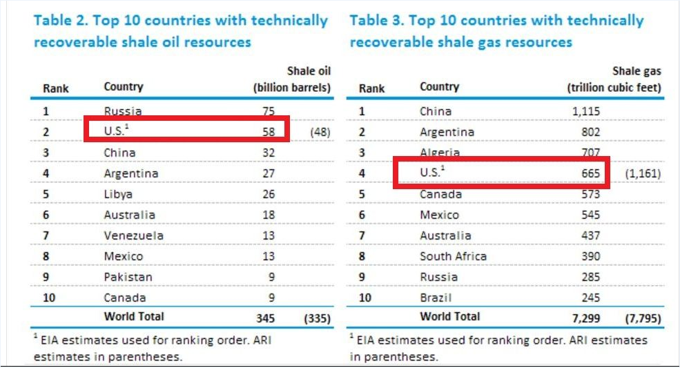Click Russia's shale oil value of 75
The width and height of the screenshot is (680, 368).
pyautogui.click(x=269, y=111)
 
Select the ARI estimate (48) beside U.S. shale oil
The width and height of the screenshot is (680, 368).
pyautogui.click(x=320, y=132)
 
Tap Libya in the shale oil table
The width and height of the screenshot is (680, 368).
pyautogui.click(x=118, y=194)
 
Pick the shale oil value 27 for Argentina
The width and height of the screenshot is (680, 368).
pyautogui.click(x=269, y=173)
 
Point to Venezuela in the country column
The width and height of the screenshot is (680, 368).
pyautogui.click(x=134, y=235)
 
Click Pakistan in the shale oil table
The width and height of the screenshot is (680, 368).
pyautogui.click(x=128, y=277)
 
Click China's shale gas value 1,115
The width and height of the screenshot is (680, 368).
pyautogui.click(x=586, y=111)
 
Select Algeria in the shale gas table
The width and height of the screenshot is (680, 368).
pyautogui.click(x=440, y=153)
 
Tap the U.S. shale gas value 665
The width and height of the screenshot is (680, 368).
pyautogui.click(x=590, y=173)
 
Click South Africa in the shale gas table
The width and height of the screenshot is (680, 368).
pyautogui.click(x=453, y=256)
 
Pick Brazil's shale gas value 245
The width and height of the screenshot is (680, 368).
pyautogui.click(x=590, y=298)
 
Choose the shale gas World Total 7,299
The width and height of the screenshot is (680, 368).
pyautogui.click(x=585, y=318)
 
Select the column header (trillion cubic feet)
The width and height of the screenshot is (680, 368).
pyautogui.click(x=614, y=88)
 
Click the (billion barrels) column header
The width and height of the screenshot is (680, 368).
pyautogui.click(x=292, y=88)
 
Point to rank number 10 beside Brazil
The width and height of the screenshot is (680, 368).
pyautogui.click(x=365, y=298)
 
